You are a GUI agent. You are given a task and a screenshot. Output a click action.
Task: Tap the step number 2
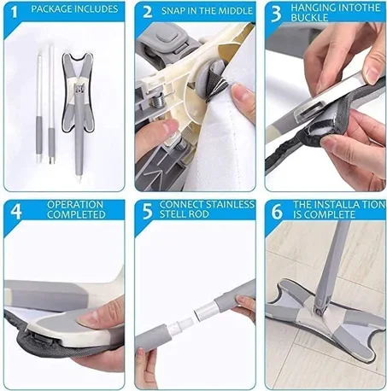147,12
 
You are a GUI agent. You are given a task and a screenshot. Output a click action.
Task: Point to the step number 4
15,211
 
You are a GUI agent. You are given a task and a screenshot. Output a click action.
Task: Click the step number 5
147,211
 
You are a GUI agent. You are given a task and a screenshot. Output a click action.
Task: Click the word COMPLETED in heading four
77,215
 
